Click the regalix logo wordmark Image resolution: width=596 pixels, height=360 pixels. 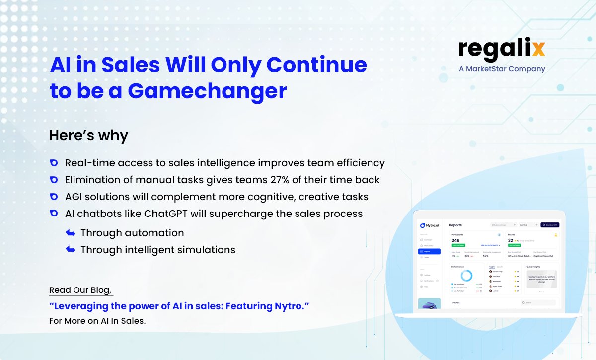[502, 49]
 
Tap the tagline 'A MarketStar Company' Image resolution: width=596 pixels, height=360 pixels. [502, 69]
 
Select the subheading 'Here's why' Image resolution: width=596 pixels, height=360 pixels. [88, 135]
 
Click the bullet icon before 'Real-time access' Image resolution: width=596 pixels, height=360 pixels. [54, 163]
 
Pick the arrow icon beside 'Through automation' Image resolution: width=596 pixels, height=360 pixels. [71, 233]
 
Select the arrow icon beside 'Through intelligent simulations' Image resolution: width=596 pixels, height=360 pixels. [71, 250]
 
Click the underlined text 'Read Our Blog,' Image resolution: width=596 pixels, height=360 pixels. [80, 290]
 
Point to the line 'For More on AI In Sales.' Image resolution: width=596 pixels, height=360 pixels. [97, 321]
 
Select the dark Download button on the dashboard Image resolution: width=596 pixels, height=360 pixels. [550, 225]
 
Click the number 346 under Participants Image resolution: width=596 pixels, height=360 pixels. [455, 240]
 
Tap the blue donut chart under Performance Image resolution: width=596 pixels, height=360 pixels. [467, 276]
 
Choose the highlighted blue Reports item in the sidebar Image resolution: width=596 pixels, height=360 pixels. [429, 251]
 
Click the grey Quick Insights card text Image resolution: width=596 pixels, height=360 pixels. [541, 279]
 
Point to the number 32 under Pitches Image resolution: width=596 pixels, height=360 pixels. [510, 240]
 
